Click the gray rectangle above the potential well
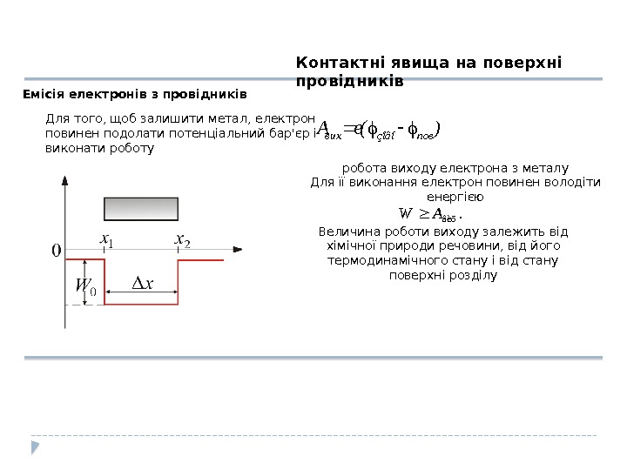click(x=141, y=209)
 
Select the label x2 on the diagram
click(x=182, y=238)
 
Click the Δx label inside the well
click(x=142, y=283)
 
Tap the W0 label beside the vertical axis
click(x=84, y=286)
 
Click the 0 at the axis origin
click(x=56, y=251)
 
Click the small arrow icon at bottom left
click(x=35, y=447)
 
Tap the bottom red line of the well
click(x=141, y=304)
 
